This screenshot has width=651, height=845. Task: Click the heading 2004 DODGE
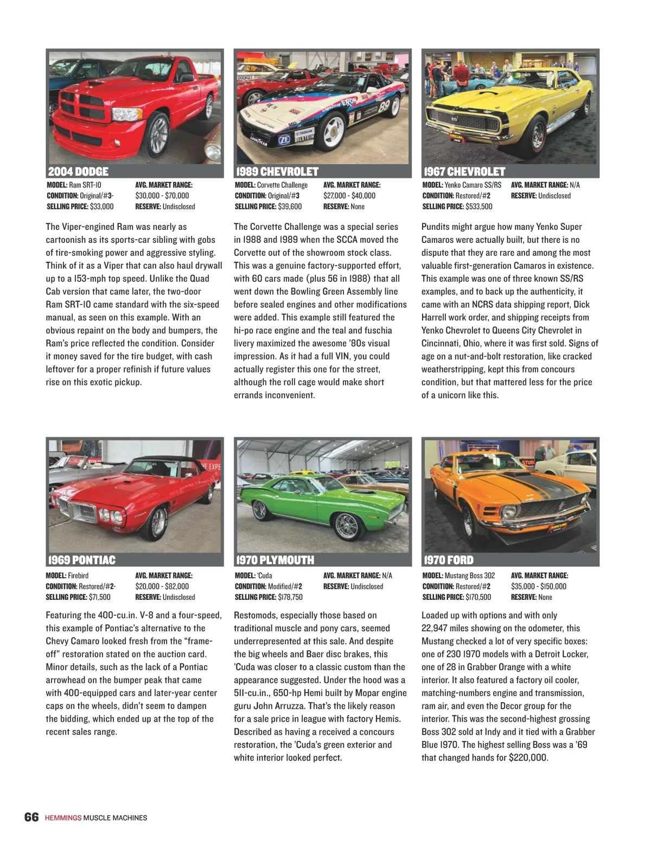coord(78,172)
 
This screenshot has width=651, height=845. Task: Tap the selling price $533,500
coord(478,207)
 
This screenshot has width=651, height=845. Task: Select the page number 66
coord(31,817)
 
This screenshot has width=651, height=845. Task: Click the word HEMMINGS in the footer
coord(62,818)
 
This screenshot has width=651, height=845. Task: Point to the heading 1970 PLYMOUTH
coord(275,560)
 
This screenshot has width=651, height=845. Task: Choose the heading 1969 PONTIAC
coord(81,560)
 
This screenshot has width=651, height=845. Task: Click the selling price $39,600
coord(290,207)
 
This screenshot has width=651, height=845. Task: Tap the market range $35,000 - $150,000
coord(538,586)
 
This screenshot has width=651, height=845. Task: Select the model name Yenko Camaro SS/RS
coord(473,185)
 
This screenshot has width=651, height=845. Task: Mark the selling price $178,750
coord(290,597)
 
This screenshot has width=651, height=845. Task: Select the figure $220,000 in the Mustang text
coord(528,758)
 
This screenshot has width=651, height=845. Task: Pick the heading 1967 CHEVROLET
coord(464,172)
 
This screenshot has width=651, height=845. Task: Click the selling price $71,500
coord(99,597)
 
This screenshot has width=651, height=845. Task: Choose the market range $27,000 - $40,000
coord(349,196)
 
